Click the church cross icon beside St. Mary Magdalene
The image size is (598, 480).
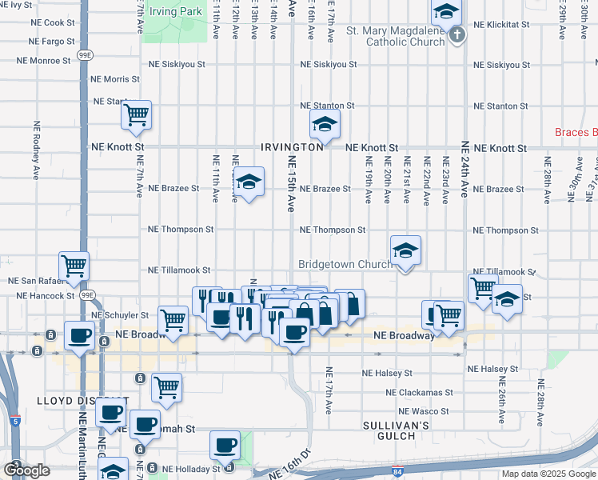[456, 34]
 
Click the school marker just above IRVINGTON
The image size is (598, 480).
[324, 124]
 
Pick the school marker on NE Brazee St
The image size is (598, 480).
[249, 183]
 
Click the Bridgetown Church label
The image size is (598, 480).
[345, 264]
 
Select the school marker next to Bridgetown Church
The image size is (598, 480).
[405, 252]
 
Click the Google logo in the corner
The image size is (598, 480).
[26, 470]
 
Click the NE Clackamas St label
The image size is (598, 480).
[419, 393]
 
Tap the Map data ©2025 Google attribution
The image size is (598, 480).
[548, 474]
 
